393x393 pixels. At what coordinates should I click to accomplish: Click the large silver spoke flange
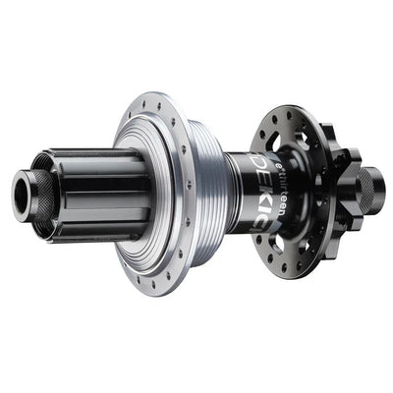(147, 187)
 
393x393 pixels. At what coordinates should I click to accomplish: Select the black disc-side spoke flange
(295, 187)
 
